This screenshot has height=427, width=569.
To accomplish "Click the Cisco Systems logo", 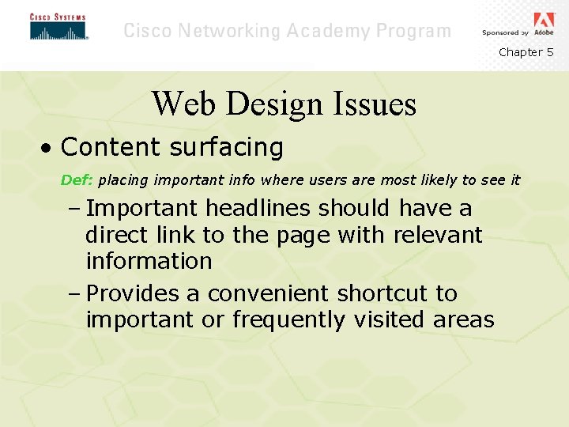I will point(58,26).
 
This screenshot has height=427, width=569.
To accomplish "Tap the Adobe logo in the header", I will point(544,21).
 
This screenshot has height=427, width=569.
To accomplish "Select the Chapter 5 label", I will point(526,52).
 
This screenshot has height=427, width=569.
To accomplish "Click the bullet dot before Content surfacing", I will point(49,148).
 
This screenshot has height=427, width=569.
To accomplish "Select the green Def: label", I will point(77,180).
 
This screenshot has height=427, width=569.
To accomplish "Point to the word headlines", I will point(259,209).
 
